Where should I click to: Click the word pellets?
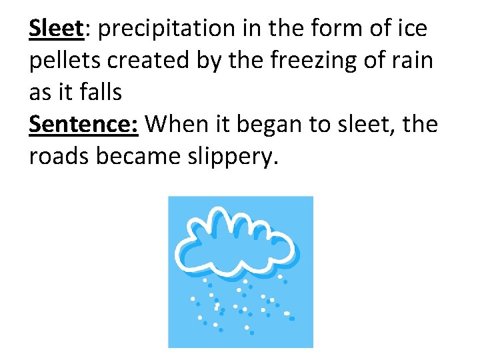click(62, 61)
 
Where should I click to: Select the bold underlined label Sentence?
click(83, 124)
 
